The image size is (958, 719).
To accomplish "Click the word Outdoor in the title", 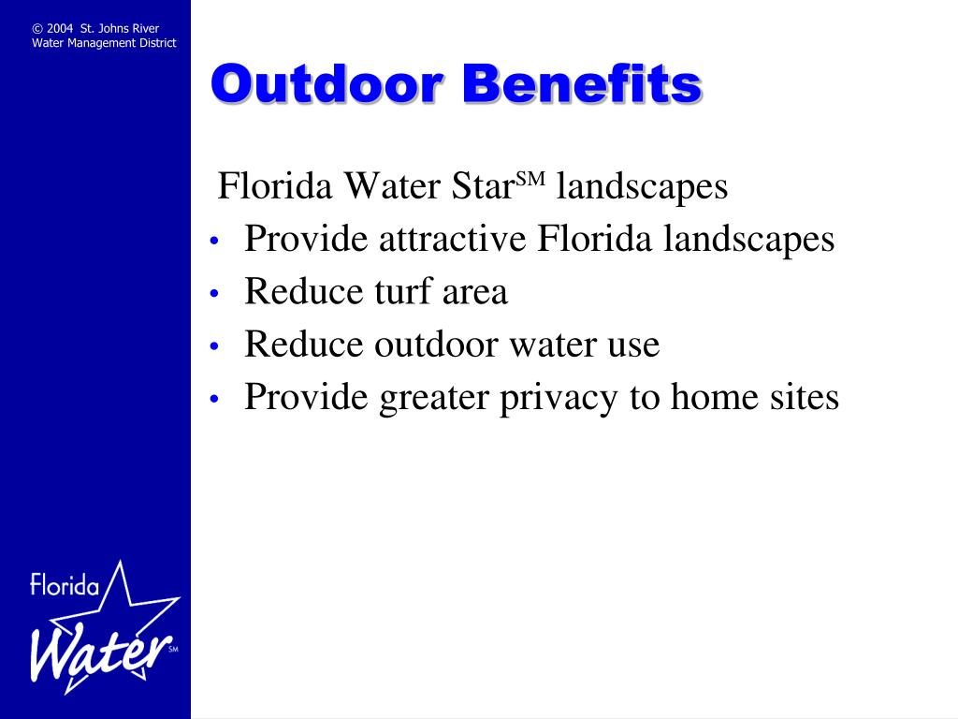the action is click(x=327, y=83).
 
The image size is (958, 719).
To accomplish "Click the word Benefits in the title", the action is click(x=582, y=83).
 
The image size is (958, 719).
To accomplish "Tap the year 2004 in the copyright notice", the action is click(x=59, y=29).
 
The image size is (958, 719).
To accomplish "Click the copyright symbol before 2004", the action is click(x=37, y=29).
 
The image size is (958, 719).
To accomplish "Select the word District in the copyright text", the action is click(x=157, y=43).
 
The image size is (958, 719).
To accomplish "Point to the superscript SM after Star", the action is click(x=530, y=179).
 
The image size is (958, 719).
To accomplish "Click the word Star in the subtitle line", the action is click(x=483, y=186).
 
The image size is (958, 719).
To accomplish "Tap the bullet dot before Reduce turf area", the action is click(x=214, y=294).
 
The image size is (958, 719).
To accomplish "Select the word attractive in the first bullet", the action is click(x=452, y=239).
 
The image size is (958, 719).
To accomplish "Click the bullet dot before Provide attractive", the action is click(x=214, y=241).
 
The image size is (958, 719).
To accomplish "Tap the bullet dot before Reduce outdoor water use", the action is click(x=214, y=346).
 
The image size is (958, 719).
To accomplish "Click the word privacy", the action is click(x=559, y=399).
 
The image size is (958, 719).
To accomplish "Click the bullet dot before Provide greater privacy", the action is click(x=214, y=399).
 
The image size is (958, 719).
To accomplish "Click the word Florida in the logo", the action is click(x=65, y=584).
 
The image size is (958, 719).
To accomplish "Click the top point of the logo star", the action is click(x=121, y=561).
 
